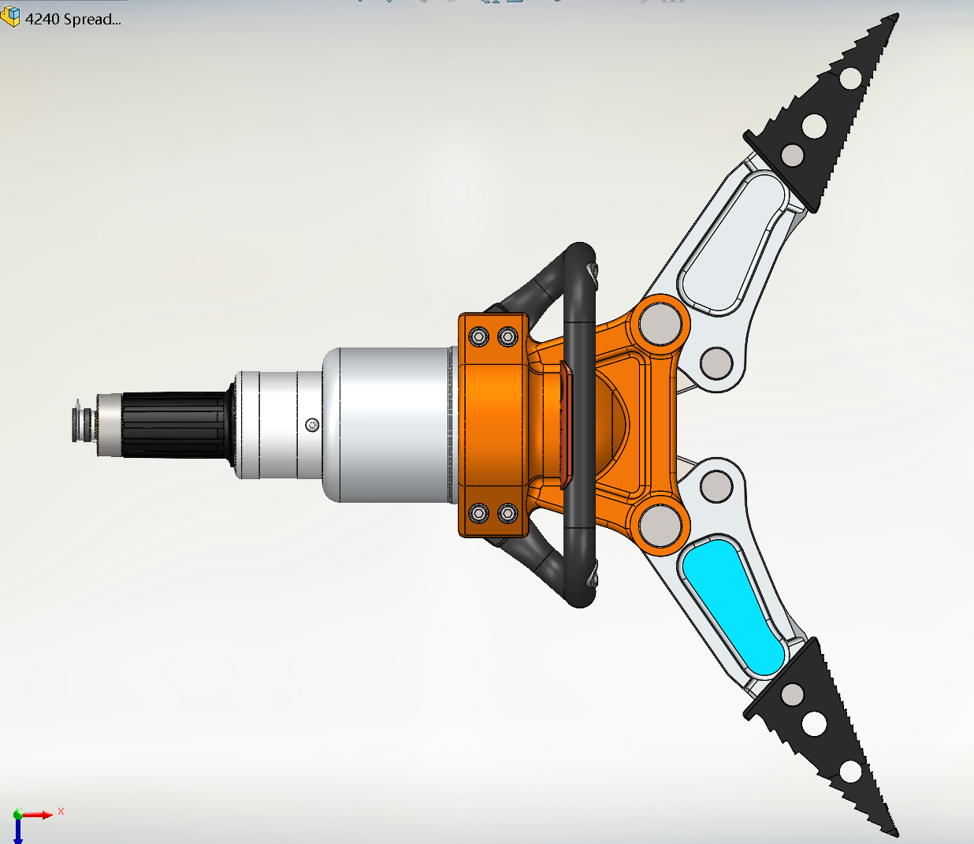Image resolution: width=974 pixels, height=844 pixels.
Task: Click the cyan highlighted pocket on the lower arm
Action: tap(733, 607)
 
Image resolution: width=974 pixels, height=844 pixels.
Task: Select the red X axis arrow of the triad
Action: tap(35, 815)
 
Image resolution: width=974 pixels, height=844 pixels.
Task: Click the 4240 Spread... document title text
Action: tap(73, 20)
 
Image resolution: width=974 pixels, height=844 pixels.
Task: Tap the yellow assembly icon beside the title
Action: tap(10, 17)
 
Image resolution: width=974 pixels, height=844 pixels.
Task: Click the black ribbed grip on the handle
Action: tap(174, 425)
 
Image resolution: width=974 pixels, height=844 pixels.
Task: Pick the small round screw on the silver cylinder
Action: tap(312, 425)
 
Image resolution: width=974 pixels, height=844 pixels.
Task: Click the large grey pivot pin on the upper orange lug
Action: tap(660, 324)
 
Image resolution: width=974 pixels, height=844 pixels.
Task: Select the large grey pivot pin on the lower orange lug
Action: tap(660, 526)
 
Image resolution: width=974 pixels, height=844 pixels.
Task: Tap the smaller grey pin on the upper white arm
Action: tap(716, 363)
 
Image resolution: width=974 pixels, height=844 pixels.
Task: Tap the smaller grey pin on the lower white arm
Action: tap(716, 486)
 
